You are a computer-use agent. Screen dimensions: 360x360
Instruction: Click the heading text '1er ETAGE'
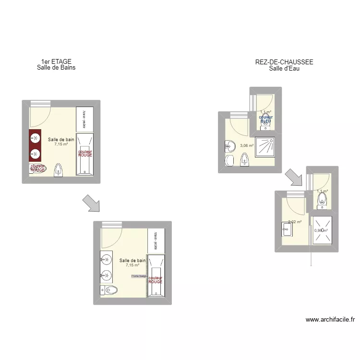point(56,61)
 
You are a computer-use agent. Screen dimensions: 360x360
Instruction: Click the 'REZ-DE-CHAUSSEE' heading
point(284,62)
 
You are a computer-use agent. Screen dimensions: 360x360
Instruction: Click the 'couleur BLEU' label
point(265,119)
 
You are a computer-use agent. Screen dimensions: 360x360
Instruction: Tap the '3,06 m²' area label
point(247,145)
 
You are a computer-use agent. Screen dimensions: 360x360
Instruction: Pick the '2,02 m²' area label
point(294,222)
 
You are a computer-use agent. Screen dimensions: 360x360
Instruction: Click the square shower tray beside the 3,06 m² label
point(264,148)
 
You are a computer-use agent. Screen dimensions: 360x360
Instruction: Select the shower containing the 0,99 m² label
point(321,230)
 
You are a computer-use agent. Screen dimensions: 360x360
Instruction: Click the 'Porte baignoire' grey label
point(139,276)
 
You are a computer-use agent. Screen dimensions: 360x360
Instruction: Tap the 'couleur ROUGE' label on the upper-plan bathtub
point(85,153)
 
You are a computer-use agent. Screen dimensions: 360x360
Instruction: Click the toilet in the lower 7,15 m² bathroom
point(109,290)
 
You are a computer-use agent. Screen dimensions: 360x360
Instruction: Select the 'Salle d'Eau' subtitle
point(284,68)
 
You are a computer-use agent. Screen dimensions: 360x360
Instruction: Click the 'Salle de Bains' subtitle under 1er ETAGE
point(56,68)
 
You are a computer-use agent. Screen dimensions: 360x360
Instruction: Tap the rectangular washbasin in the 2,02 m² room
point(287,229)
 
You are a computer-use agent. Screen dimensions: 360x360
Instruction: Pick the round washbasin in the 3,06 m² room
point(228,147)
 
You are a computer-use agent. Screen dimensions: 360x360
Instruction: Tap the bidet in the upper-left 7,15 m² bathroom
point(59,170)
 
